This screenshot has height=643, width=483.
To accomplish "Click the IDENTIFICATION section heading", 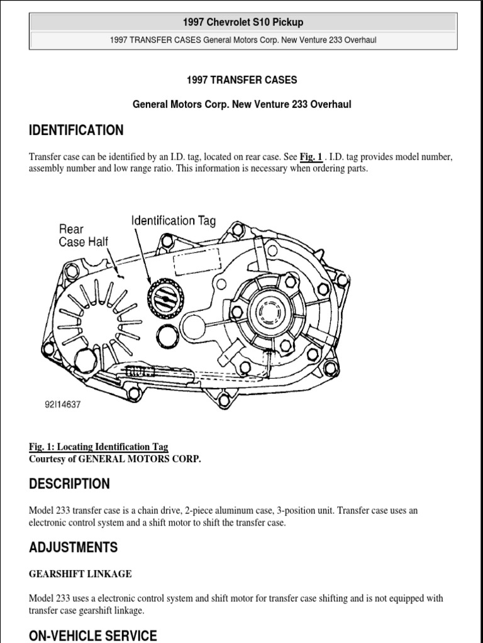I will tap(76, 131).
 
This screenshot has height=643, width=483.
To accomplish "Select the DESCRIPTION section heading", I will tap(69, 484).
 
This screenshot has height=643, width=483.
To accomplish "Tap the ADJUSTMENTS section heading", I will tap(73, 548).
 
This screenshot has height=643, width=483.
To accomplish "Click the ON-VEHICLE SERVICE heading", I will tap(93, 635).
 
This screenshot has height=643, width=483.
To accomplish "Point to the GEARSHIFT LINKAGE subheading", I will tap(80, 574).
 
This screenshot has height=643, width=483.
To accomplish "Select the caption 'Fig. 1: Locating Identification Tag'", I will tap(99, 446).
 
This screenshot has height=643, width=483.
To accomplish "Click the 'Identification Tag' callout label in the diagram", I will tap(174, 220).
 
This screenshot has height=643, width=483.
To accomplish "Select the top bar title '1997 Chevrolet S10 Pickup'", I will tap(243, 23).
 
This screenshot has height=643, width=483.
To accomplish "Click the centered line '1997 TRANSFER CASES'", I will tap(242, 80).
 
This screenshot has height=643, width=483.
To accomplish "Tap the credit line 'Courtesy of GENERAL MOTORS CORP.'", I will tap(115, 459).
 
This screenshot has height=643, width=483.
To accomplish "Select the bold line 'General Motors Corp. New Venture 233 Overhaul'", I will tap(242, 105).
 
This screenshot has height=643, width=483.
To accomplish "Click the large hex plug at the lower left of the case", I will tap(85, 361).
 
